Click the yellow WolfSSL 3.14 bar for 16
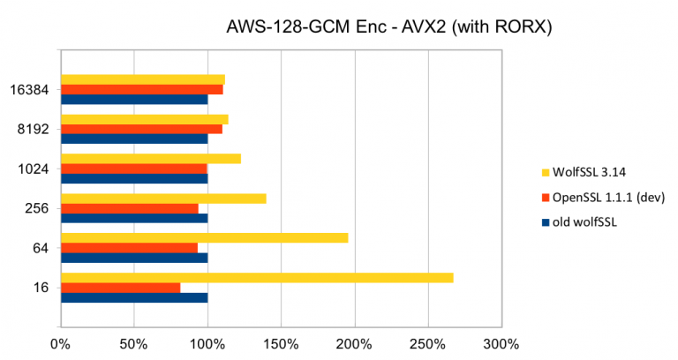(x=256, y=278)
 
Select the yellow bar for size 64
(x=204, y=238)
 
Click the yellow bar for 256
(x=163, y=199)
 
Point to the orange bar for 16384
(x=141, y=89)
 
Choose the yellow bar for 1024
(x=150, y=159)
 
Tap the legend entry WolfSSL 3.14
(x=583, y=171)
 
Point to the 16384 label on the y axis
(x=34, y=89)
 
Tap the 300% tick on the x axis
(x=501, y=342)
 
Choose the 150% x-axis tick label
(x=281, y=342)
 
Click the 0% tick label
(x=61, y=342)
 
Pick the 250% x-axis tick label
(x=428, y=342)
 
